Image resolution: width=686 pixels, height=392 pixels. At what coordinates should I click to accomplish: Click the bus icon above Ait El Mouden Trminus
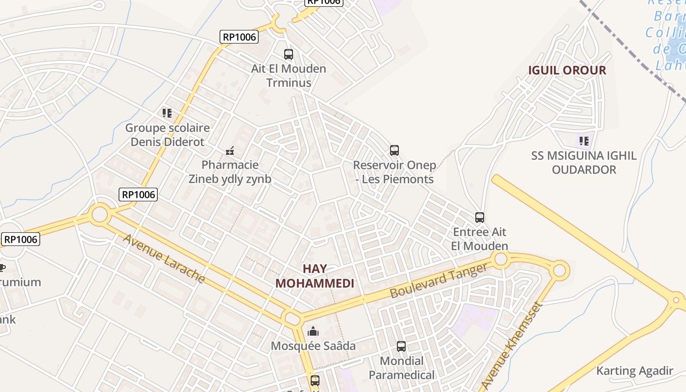pyautogui.click(x=289, y=54)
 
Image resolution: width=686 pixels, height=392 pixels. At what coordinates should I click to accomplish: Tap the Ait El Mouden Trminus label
pyautogui.click(x=289, y=75)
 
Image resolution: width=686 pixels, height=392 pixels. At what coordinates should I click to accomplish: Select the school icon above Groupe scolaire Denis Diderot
pyautogui.click(x=167, y=113)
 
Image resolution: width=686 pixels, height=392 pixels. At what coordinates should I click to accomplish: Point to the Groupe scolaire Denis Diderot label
pyautogui.click(x=167, y=135)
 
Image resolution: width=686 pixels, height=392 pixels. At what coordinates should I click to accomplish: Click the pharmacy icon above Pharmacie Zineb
pyautogui.click(x=229, y=150)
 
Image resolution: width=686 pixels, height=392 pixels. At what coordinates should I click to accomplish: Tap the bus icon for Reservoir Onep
pyautogui.click(x=394, y=150)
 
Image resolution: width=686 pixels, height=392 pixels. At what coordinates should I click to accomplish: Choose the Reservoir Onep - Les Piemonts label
pyautogui.click(x=394, y=172)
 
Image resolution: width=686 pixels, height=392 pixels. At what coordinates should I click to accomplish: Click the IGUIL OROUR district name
pyautogui.click(x=567, y=70)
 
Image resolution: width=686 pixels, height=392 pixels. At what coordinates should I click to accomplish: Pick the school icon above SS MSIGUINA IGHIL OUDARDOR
pyautogui.click(x=584, y=141)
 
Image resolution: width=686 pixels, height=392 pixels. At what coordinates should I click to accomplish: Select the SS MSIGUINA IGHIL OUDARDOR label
pyautogui.click(x=584, y=163)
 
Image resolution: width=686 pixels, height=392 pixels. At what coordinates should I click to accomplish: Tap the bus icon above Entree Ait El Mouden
pyautogui.click(x=480, y=217)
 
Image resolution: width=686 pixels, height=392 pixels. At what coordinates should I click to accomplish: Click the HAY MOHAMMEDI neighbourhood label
pyautogui.click(x=315, y=276)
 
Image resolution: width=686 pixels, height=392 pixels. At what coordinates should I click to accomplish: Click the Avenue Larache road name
pyautogui.click(x=164, y=258)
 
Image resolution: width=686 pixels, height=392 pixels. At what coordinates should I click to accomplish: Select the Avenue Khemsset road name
pyautogui.click(x=512, y=345)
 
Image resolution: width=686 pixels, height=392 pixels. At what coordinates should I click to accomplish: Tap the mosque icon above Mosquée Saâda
pyautogui.click(x=313, y=332)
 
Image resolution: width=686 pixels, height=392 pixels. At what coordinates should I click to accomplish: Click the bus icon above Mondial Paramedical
pyautogui.click(x=401, y=346)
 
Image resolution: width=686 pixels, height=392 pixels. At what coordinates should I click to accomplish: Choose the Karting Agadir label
pyautogui.click(x=635, y=371)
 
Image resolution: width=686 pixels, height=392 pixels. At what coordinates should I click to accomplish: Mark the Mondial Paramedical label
pyautogui.click(x=401, y=368)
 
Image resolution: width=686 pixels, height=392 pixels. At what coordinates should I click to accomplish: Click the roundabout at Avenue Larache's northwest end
pyautogui.click(x=99, y=214)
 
